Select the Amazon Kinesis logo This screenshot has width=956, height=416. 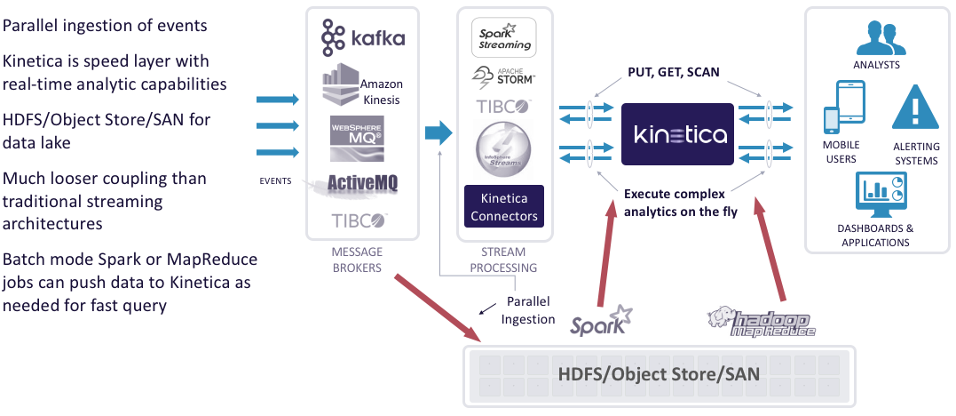click(x=361, y=86)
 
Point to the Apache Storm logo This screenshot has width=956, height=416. click(x=503, y=77)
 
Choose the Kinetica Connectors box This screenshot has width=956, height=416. click(x=503, y=208)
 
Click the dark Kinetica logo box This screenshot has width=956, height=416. click(x=679, y=134)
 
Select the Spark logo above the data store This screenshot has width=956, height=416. click(x=602, y=322)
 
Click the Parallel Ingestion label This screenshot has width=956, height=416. click(x=530, y=311)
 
